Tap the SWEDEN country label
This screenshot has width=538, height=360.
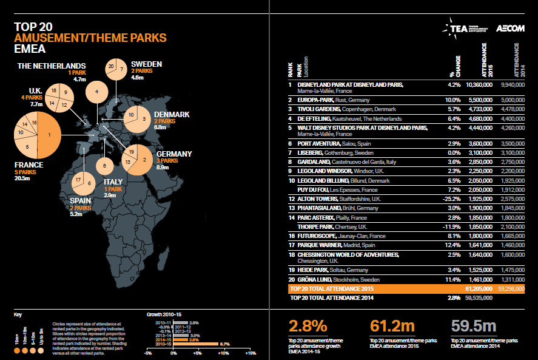click(x=146, y=64)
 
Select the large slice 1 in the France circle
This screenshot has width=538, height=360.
click(x=52, y=137)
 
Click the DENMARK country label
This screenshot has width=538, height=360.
click(x=172, y=114)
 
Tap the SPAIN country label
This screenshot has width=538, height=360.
click(x=81, y=200)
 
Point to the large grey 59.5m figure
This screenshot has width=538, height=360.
click(x=476, y=327)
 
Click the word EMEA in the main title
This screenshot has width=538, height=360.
click(x=29, y=49)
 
